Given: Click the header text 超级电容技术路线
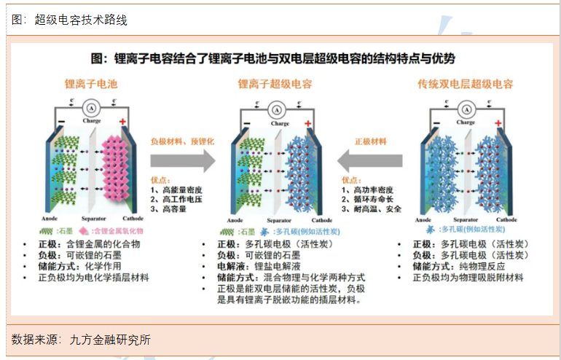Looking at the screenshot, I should coord(80,20).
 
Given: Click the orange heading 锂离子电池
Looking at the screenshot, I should coord(91,84).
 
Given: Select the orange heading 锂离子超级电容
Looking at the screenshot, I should coord(275,84).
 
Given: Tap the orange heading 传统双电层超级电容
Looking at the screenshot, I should coord(466,84).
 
